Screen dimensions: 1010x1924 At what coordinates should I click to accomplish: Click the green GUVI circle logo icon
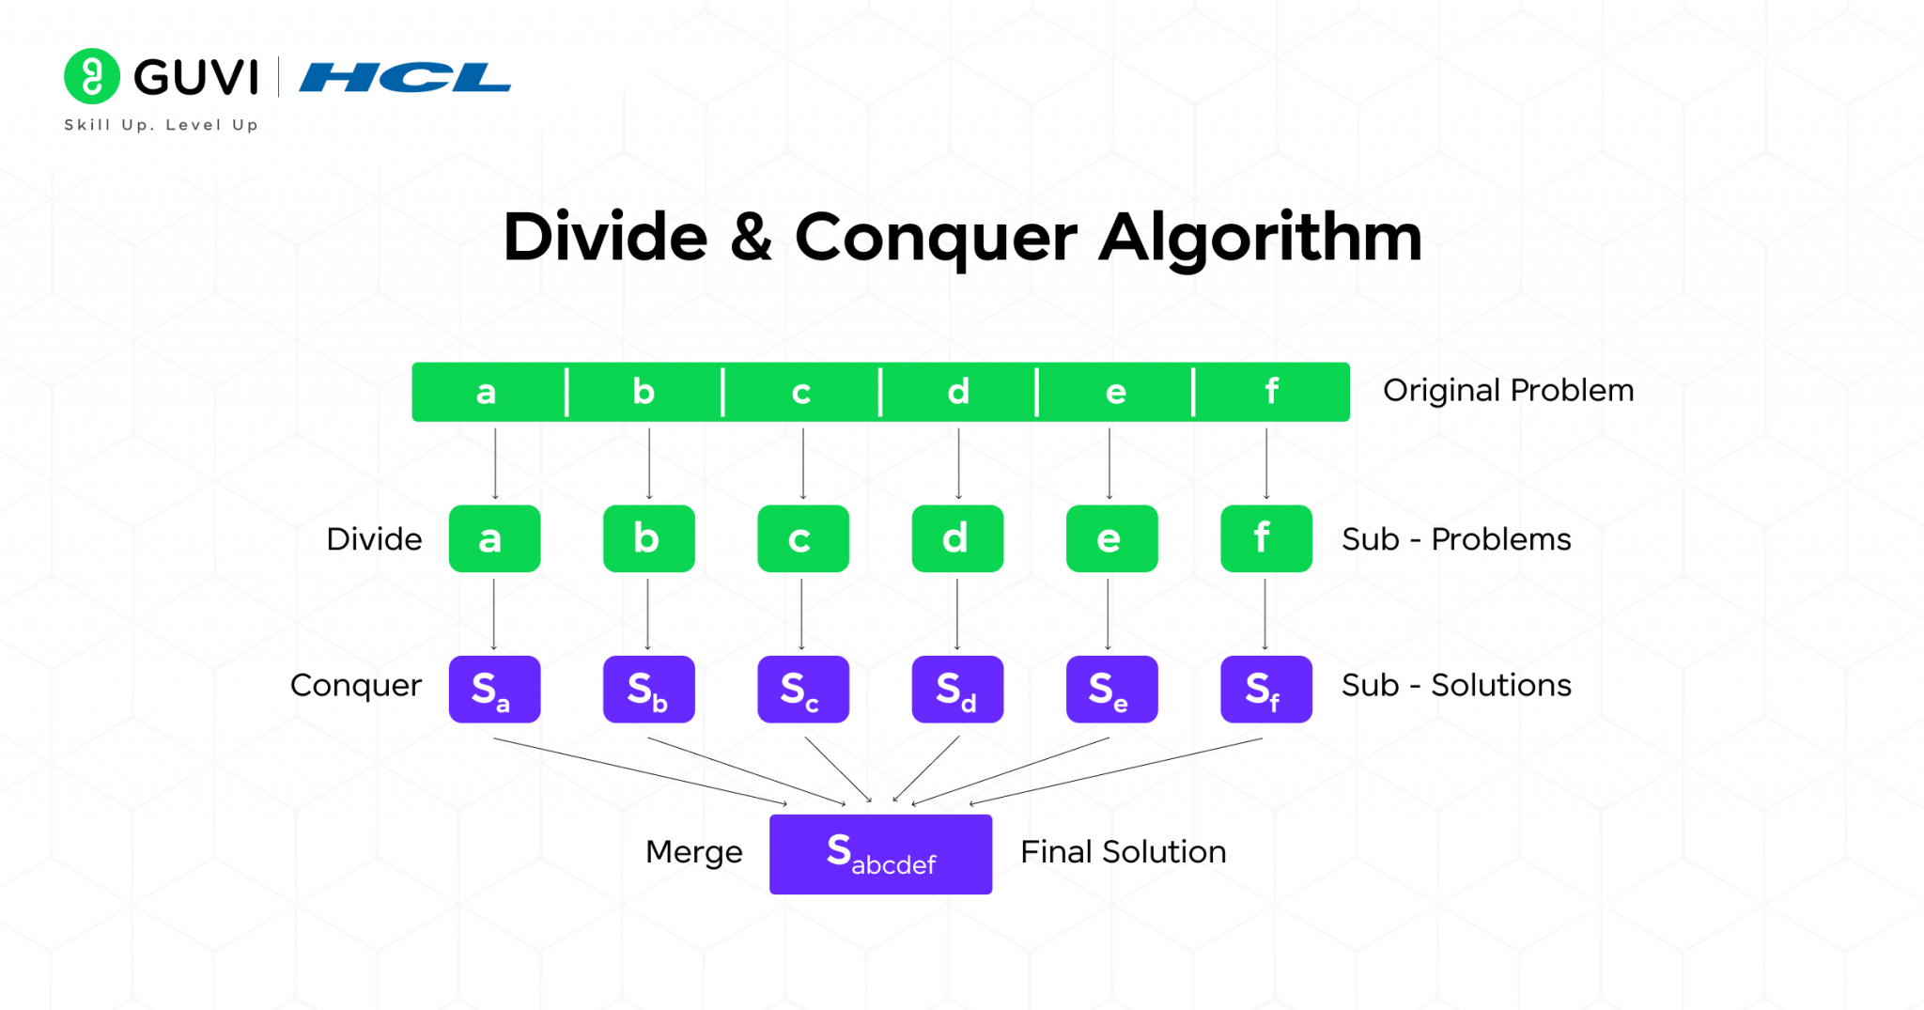[x=91, y=76]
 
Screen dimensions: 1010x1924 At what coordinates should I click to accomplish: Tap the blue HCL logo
[x=405, y=77]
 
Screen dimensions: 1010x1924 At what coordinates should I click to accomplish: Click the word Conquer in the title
[x=935, y=238]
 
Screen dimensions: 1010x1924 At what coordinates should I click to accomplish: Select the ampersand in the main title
[x=751, y=238]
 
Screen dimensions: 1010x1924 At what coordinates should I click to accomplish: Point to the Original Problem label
[x=1508, y=390]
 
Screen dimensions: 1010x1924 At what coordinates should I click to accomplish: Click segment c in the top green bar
[x=800, y=392]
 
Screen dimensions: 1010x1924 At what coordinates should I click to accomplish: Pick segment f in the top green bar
[x=1271, y=392]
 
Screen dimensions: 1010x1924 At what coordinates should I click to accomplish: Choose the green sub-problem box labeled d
[x=957, y=538]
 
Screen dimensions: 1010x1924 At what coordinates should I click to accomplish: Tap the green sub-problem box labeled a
[x=494, y=538]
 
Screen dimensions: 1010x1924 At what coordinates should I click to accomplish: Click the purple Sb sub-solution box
[x=648, y=689]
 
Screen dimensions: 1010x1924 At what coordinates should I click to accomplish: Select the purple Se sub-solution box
[x=1111, y=689]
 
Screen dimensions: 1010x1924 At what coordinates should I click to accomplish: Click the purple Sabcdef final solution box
[x=880, y=853]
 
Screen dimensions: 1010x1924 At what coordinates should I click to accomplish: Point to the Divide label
[x=374, y=539]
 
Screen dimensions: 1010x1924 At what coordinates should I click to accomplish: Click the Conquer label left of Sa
[x=355, y=685]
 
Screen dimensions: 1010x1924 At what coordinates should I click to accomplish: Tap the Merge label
[x=693, y=852]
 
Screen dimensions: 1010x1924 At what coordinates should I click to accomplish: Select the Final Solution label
[x=1123, y=852]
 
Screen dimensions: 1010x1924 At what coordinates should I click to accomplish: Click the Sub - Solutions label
[x=1455, y=685]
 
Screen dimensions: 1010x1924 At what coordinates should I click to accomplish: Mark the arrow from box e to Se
[x=1109, y=614]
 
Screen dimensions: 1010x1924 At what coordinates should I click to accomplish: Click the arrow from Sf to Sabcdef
[x=1118, y=770]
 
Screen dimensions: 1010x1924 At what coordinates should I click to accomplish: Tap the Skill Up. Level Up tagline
[x=161, y=125]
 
